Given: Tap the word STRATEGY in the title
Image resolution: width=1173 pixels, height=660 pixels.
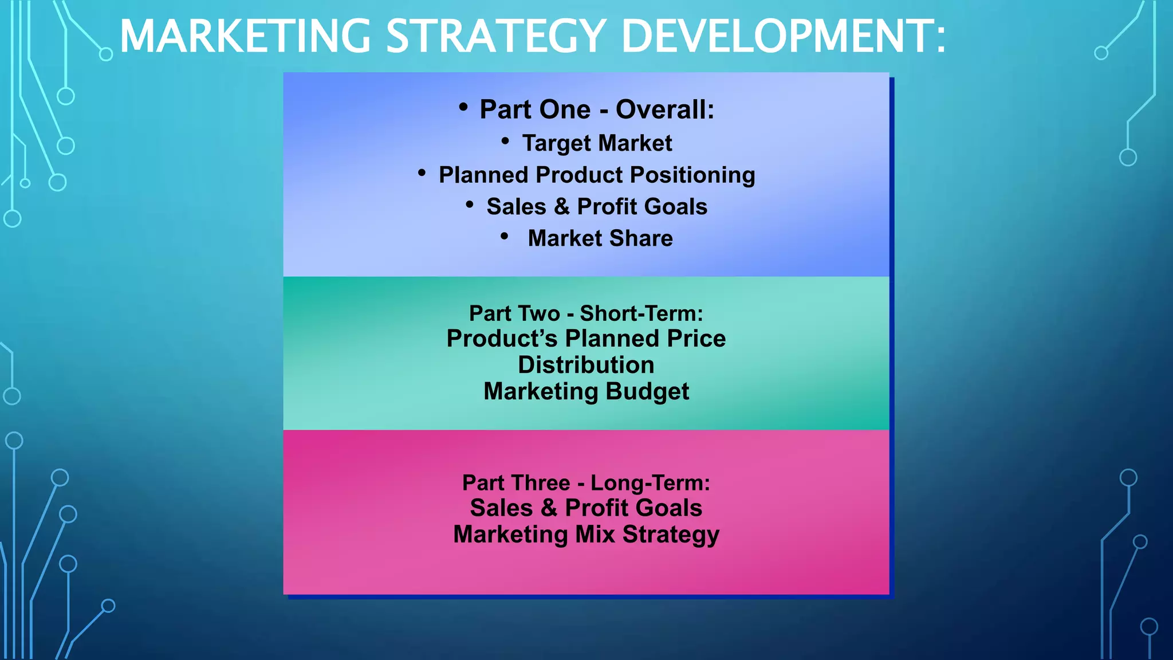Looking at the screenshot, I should click(496, 37).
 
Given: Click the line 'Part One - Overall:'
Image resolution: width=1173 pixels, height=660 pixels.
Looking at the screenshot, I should click(597, 109).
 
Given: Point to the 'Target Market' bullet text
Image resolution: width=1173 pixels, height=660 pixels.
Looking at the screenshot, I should click(597, 143).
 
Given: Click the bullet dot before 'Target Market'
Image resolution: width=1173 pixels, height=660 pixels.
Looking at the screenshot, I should click(505, 140).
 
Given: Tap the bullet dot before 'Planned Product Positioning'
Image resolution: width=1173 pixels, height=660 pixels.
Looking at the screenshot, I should click(422, 172).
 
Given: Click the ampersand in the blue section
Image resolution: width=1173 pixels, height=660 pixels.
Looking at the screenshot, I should click(561, 207).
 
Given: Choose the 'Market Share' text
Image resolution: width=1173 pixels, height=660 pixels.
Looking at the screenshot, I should click(600, 238).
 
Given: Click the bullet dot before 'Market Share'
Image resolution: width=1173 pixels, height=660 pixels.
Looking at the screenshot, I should click(504, 235).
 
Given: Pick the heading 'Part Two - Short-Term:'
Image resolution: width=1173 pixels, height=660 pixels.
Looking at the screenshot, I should click(586, 313).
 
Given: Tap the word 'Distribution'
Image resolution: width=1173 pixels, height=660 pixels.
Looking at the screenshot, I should click(586, 365).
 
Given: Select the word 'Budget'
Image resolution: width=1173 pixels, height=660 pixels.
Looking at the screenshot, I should click(647, 392).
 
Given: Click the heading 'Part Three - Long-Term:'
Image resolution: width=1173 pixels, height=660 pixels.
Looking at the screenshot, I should click(586, 483).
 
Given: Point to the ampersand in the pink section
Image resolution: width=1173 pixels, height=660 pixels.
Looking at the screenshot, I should click(549, 508).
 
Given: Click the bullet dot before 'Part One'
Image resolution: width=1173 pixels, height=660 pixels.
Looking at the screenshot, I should click(463, 107).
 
